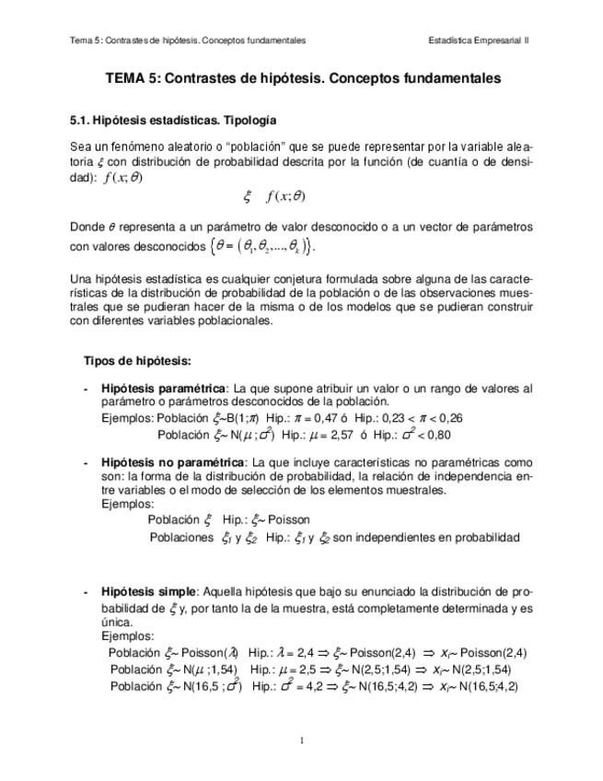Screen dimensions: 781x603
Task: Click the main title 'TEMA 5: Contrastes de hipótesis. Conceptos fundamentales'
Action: (303, 79)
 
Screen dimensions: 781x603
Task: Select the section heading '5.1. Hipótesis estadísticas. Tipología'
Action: (173, 121)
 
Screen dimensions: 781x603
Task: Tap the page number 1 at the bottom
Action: (302, 740)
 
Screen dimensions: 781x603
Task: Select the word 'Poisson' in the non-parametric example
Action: (289, 519)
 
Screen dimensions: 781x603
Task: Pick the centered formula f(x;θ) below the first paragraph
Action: (285, 195)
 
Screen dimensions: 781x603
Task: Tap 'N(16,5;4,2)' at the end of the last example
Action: (487, 686)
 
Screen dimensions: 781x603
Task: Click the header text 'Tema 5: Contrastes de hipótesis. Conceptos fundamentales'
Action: (189, 41)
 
